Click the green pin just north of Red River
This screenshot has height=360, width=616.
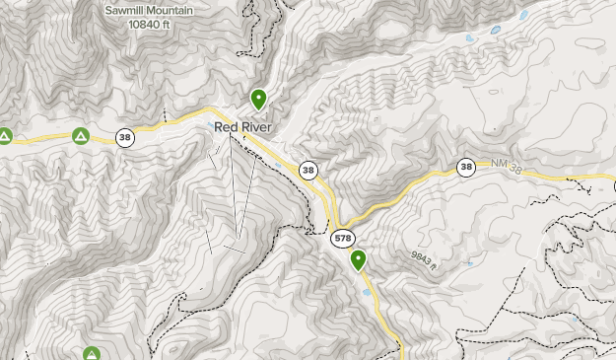click(258, 100)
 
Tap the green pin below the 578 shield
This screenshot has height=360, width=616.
click(358, 260)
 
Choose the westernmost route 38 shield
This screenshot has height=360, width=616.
click(124, 137)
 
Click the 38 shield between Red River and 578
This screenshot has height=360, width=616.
click(308, 171)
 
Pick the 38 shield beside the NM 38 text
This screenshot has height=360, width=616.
click(466, 168)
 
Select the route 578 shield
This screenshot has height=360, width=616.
click(342, 239)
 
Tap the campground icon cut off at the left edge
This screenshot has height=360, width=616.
click(4, 136)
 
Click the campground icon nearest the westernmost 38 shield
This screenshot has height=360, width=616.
click(81, 136)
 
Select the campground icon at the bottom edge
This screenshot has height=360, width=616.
click(91, 353)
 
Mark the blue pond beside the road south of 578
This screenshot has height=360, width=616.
click(367, 293)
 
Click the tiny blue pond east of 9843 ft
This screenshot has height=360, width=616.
click(470, 263)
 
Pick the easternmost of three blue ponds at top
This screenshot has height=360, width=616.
click(522, 16)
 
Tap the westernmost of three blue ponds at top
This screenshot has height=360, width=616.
click(470, 38)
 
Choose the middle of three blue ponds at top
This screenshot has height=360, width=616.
click(496, 30)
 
